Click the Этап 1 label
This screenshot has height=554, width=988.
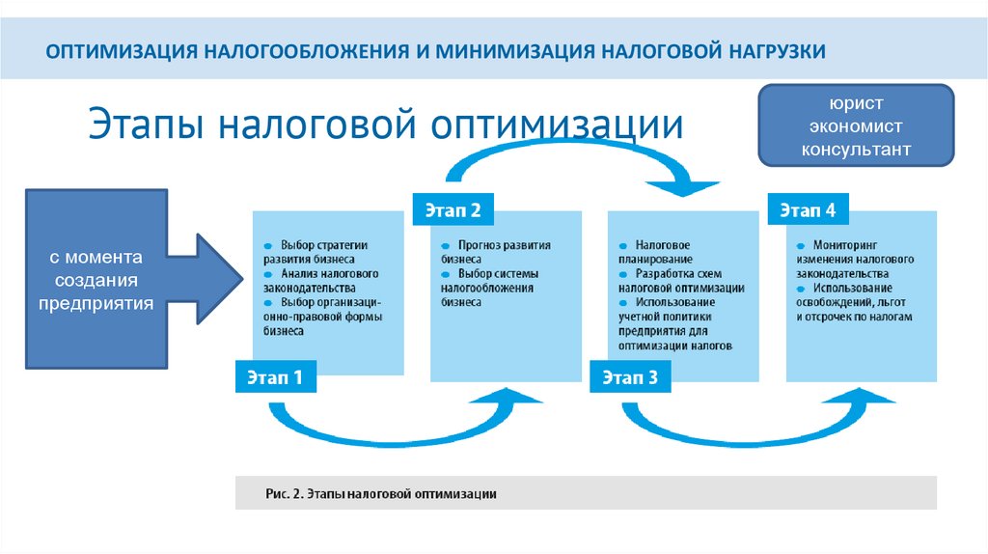(x=275, y=378)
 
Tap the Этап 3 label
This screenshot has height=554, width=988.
(x=630, y=378)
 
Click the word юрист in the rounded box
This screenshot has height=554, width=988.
(x=856, y=103)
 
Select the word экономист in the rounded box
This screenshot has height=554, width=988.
(x=856, y=126)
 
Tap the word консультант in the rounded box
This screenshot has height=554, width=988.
(x=856, y=150)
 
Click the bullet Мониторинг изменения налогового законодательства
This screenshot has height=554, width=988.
(x=854, y=260)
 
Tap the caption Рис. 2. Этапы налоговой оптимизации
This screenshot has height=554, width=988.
(x=381, y=494)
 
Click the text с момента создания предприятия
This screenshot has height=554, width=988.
(x=96, y=281)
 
